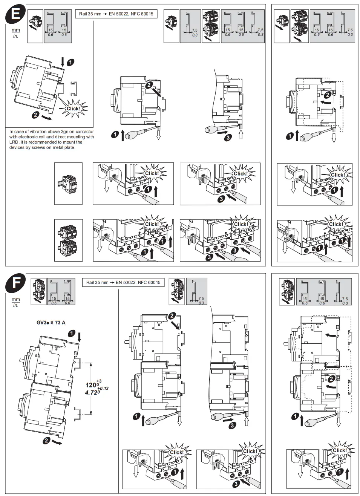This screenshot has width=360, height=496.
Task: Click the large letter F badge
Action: [x=15, y=283]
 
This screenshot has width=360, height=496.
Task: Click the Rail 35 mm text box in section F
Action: [x=123, y=282]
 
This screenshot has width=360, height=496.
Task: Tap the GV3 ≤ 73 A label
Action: [x=51, y=322]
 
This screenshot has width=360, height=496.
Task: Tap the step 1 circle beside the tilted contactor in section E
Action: [x=70, y=62]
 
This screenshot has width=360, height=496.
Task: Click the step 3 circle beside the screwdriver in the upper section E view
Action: [x=228, y=138]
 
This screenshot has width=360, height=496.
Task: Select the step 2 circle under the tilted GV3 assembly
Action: [x=46, y=440]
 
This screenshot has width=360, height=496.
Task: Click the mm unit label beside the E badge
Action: [x=15, y=30]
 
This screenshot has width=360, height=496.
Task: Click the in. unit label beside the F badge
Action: [x=15, y=306]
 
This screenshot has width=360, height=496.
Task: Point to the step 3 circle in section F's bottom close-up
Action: [x=236, y=484]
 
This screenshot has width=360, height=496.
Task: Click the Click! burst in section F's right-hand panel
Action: [x=339, y=450]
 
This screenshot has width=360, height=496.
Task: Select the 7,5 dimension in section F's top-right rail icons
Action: [x=345, y=299]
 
